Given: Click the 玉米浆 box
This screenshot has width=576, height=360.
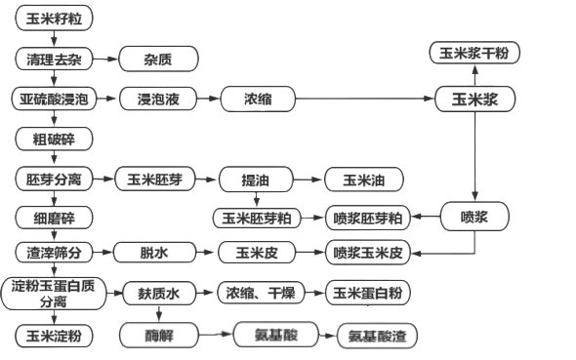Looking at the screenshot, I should pos(473,100).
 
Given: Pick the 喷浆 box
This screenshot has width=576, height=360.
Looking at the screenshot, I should pos(473,217).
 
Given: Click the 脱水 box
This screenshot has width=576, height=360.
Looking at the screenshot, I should pos(154,254).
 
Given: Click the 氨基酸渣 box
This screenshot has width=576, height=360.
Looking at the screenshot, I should pos(377,335).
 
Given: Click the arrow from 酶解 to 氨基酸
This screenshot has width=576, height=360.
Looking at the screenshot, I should pos(216,335).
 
